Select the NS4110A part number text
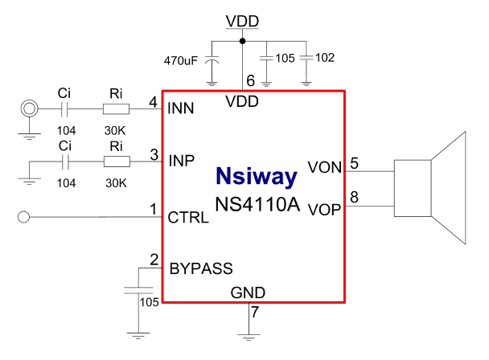257,205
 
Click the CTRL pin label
188,217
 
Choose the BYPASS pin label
200,268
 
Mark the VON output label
325,168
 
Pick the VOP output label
325,209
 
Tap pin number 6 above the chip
250,80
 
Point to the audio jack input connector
30,108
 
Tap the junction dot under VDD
243,39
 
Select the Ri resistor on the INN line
116,108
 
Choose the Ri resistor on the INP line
116,162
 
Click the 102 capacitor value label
325,58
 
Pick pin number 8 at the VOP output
355,198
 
